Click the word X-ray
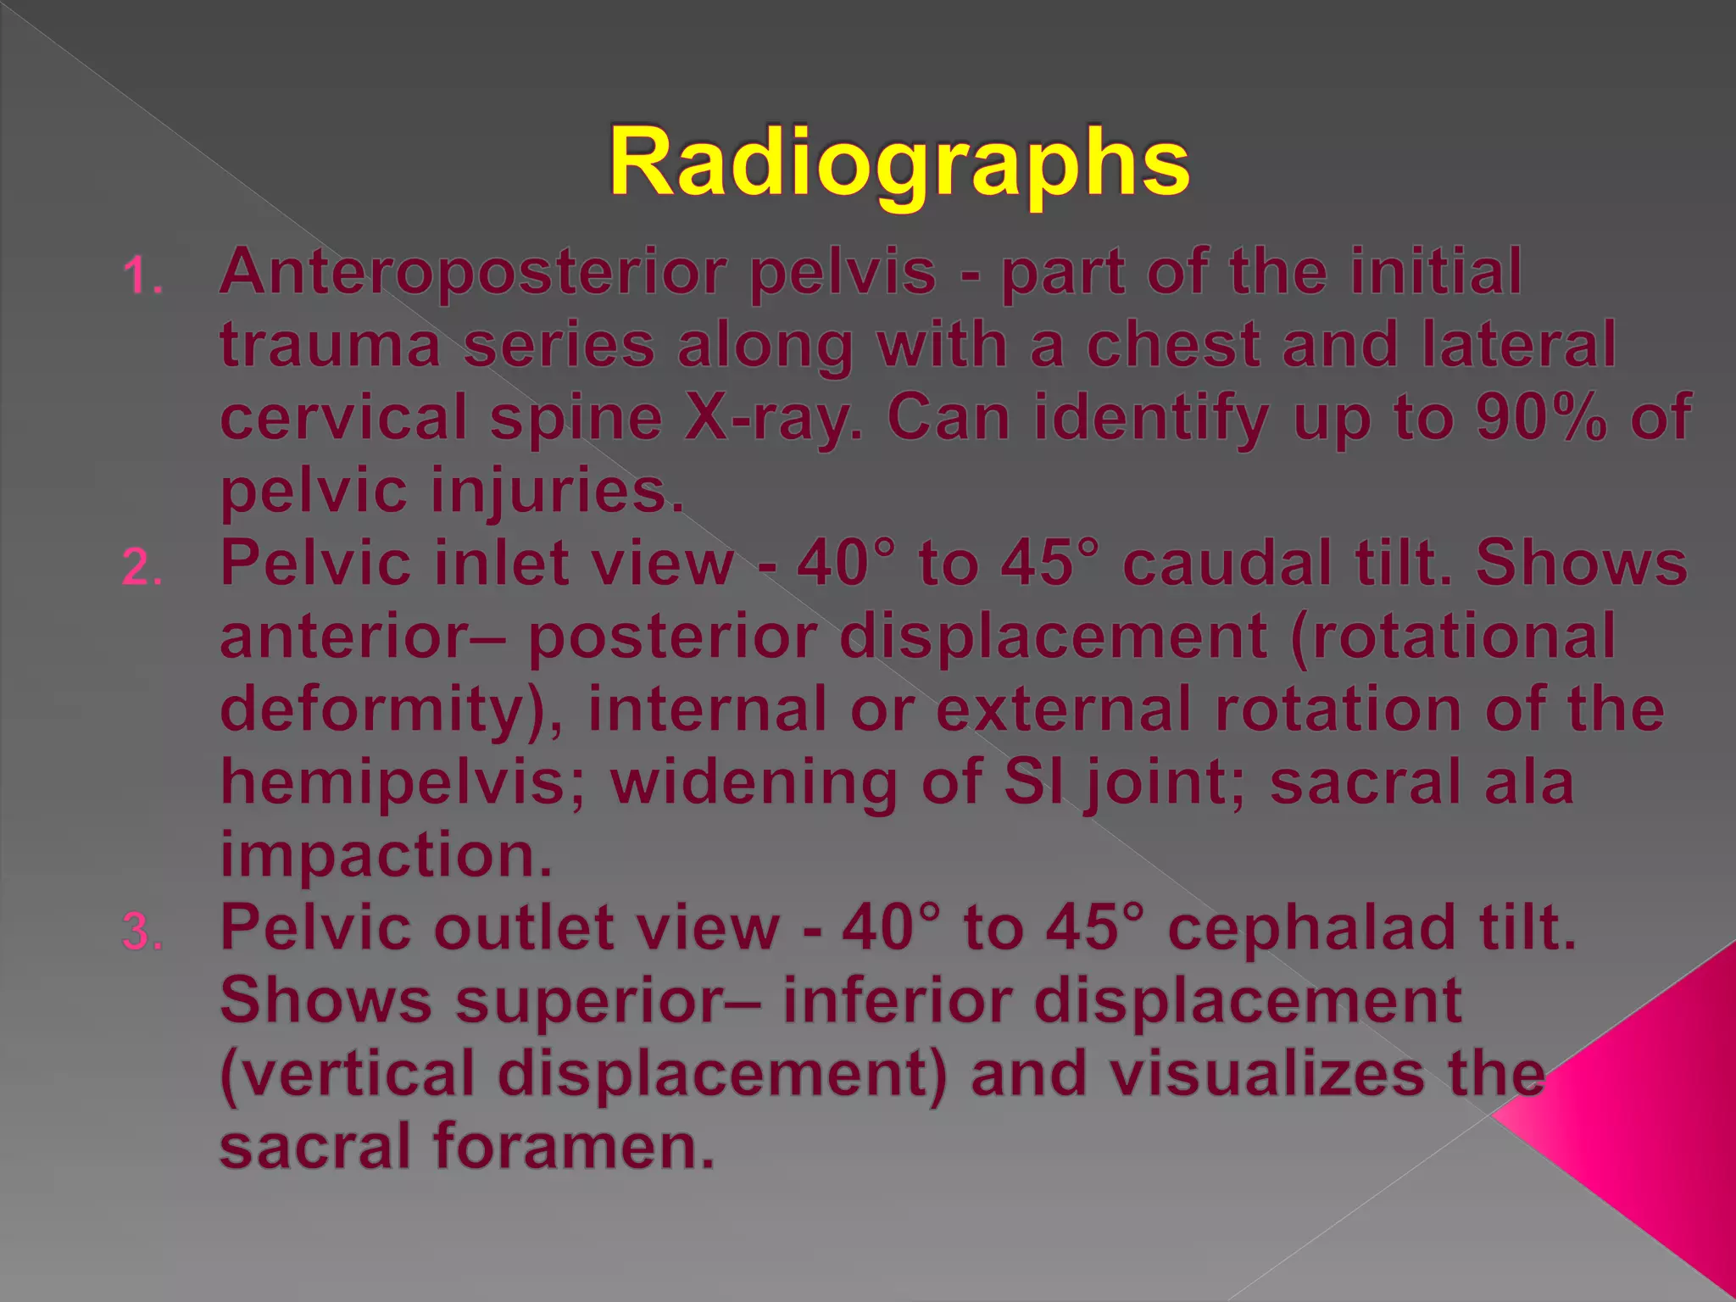[x=773, y=418]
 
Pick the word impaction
[x=386, y=854]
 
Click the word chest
[x=1173, y=345]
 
